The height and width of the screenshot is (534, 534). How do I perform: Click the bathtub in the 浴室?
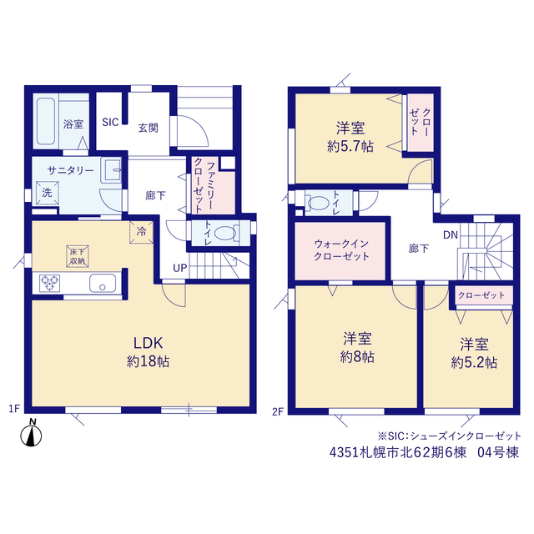pos(46,121)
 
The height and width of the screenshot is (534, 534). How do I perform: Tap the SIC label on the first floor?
pos(110,122)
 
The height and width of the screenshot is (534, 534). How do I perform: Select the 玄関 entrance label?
pos(149,128)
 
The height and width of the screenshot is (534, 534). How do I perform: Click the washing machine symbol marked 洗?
pos(48,193)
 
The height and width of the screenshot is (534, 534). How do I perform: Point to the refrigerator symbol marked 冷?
pos(141,232)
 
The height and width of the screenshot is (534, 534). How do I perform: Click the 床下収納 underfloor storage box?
pos(78,256)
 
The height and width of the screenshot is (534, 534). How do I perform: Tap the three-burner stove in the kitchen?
pos(50,283)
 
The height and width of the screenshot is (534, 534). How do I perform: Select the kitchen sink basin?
pos(103,284)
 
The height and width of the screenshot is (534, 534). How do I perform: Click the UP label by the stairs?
pos(180,268)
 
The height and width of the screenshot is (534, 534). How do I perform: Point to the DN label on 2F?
pos(451,234)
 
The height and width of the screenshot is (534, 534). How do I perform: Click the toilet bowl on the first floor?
pos(226,234)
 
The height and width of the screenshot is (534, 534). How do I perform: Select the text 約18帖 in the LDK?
pos(149,361)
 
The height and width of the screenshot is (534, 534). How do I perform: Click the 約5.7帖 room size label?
pos(350,147)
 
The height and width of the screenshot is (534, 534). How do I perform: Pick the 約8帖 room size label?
pos(357,357)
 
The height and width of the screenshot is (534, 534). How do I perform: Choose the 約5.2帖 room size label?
pos(474,363)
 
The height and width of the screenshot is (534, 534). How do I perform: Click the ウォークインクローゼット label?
pos(341,250)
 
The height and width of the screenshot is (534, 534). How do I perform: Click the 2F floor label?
pos(278,411)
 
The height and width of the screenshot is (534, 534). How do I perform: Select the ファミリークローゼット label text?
pos(204,186)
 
